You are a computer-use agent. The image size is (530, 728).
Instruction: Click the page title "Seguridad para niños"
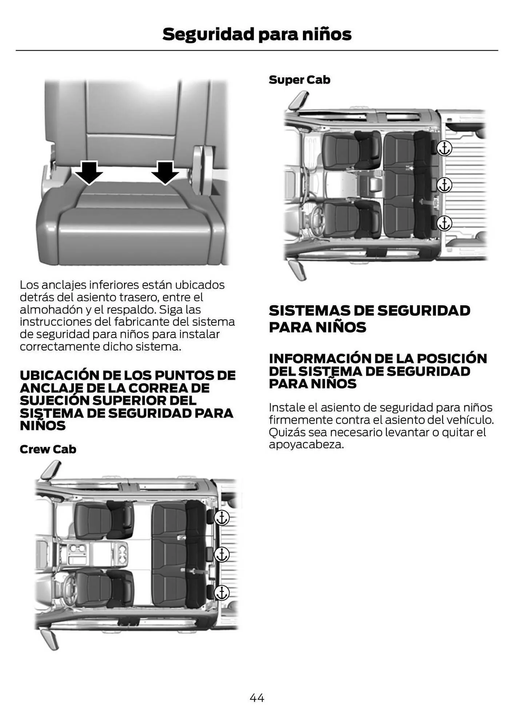pyautogui.click(x=257, y=34)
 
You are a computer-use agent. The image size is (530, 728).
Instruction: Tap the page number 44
pyautogui.click(x=257, y=697)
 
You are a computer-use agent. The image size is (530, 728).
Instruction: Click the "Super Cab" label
pyautogui.click(x=299, y=80)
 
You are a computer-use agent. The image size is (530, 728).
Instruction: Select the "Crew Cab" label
pyautogui.click(x=48, y=449)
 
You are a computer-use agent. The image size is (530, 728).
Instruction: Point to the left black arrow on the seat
pyautogui.click(x=88, y=172)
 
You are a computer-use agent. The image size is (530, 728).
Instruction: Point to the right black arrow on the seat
pyautogui.click(x=165, y=172)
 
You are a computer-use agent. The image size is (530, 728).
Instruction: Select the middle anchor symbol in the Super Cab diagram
pyautogui.click(x=444, y=185)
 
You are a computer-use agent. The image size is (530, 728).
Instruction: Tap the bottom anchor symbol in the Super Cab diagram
pyautogui.click(x=444, y=223)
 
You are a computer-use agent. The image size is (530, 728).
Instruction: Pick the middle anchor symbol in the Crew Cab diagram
pyautogui.click(x=222, y=555)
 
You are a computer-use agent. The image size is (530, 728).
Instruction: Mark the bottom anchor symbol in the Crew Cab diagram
pyautogui.click(x=222, y=593)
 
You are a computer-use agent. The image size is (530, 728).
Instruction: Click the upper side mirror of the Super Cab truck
pyautogui.click(x=299, y=100)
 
